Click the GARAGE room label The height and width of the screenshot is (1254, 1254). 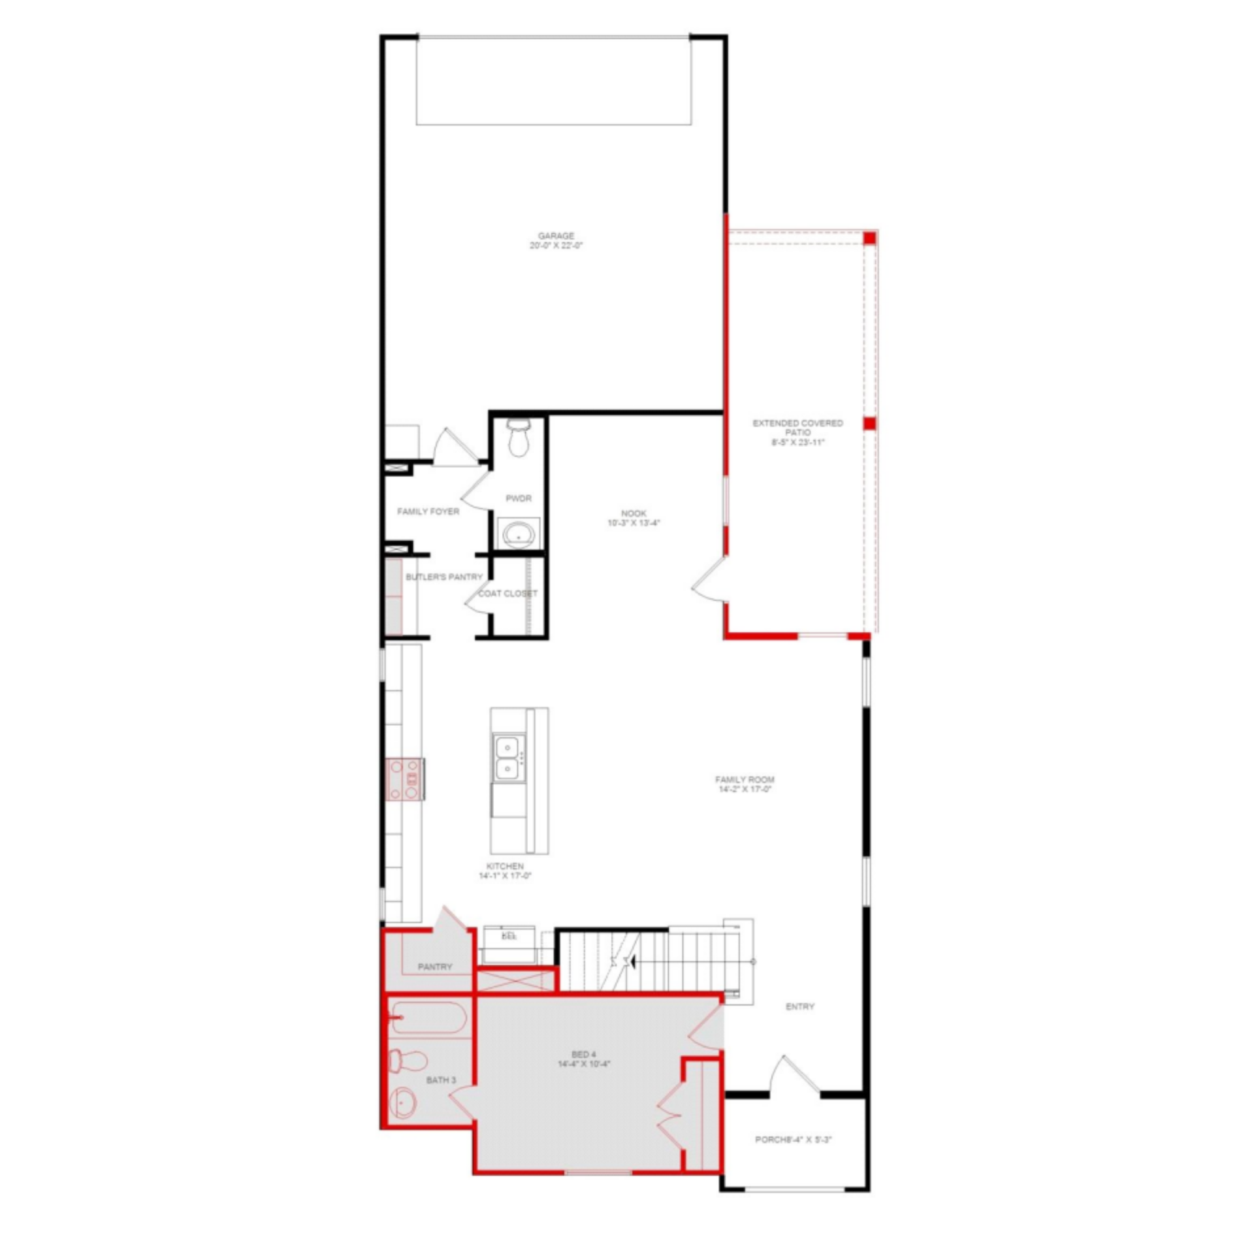(556, 236)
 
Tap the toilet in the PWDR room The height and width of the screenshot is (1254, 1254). (519, 438)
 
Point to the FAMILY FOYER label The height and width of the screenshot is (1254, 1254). (428, 511)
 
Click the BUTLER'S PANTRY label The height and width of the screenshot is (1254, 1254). (444, 577)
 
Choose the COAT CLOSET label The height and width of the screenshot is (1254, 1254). (507, 594)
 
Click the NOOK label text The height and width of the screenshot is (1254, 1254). (634, 514)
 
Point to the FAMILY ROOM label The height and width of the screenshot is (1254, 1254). (745, 780)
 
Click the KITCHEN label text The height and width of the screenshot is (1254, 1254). (505, 867)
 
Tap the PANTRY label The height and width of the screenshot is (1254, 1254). (435, 967)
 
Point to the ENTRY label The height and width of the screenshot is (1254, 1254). (799, 1007)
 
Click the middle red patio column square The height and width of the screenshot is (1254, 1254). (869, 424)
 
